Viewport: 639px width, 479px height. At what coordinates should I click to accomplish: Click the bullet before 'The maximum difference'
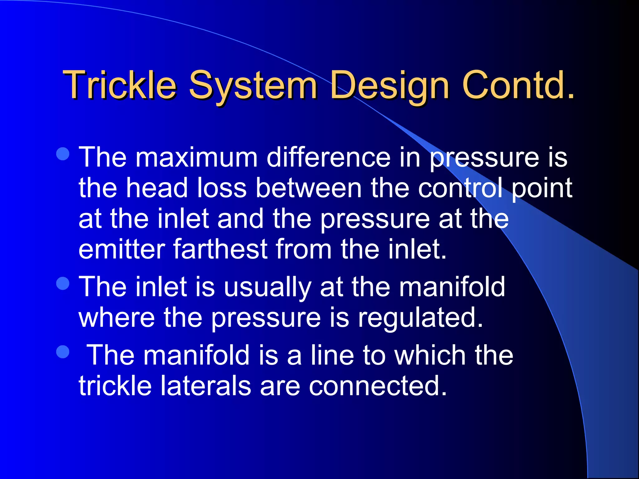click(63, 154)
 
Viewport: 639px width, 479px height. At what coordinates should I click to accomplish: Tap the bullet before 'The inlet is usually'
click(63, 283)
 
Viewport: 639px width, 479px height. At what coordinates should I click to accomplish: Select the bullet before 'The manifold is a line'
click(63, 352)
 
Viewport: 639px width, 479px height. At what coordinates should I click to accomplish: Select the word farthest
click(220, 249)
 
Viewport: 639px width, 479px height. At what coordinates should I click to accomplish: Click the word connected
click(378, 386)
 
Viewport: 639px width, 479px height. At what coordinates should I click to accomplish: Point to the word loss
click(222, 188)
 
